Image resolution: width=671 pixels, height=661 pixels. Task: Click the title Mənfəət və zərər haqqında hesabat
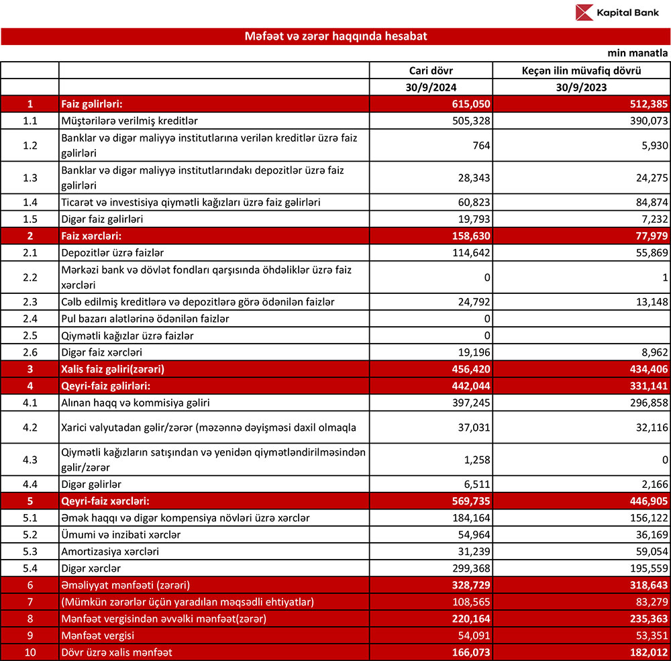[x=335, y=36]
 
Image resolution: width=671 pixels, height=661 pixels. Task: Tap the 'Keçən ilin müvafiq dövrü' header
[x=581, y=70]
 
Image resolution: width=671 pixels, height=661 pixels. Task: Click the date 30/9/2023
[x=581, y=87]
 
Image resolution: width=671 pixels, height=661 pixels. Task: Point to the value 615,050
[x=470, y=104]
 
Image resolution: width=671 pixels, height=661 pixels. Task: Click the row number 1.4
[x=30, y=203]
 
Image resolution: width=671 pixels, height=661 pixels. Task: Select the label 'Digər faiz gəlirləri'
[x=103, y=219]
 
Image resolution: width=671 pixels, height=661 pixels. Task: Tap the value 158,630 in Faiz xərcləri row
[x=470, y=236]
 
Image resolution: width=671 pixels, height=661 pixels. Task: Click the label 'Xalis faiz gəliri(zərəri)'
[x=113, y=368]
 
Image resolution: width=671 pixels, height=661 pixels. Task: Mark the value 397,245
[x=470, y=401]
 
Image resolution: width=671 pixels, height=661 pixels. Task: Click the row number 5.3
[x=30, y=551]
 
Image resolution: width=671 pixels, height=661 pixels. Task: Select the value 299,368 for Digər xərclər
[x=470, y=567]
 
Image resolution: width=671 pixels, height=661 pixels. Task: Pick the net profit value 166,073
[x=470, y=650]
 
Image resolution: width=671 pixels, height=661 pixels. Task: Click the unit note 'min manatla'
[x=638, y=53]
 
